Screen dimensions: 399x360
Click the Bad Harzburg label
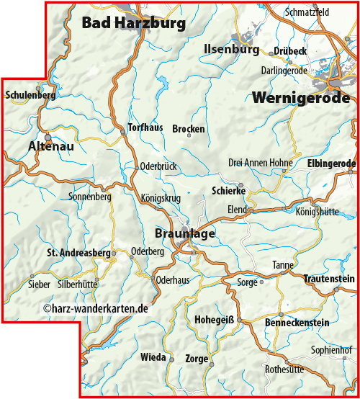click(x=133, y=23)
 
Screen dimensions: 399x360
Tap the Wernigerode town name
click(x=301, y=98)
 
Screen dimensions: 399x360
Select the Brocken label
click(x=189, y=129)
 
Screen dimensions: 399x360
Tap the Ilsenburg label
click(x=231, y=50)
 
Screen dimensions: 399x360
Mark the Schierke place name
click(x=229, y=191)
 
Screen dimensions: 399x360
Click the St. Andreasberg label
click(x=78, y=254)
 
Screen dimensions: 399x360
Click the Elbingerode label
click(x=331, y=163)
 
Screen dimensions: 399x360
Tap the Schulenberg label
click(x=30, y=95)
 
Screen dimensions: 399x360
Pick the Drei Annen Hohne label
click(x=260, y=163)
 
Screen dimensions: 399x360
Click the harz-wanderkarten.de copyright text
click(x=95, y=308)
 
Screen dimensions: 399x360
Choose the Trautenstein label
click(x=328, y=278)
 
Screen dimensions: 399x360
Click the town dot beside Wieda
click(x=172, y=358)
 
